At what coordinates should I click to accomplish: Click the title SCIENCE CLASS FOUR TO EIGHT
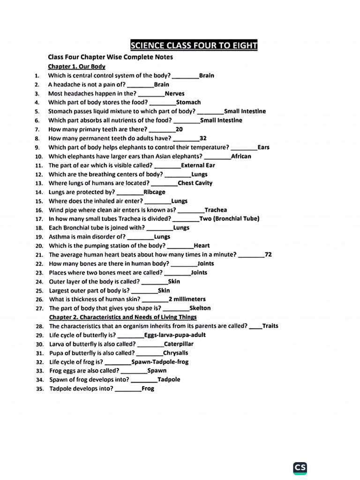point(194,45)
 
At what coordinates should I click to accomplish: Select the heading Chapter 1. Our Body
point(77,67)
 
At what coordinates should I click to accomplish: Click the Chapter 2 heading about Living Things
point(123,317)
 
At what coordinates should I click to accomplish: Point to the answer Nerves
point(174,93)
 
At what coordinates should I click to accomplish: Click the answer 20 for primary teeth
point(179,129)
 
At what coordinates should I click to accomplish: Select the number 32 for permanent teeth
point(203,138)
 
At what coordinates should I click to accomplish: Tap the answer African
point(241,156)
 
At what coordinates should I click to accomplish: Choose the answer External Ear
point(198,165)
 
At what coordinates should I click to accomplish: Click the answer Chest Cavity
point(195,183)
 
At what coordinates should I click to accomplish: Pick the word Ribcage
point(154,192)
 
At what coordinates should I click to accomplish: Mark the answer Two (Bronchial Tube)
point(229,218)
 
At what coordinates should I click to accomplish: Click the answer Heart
point(202,245)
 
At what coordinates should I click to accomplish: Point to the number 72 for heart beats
point(268,255)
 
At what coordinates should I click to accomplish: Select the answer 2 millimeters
point(187,299)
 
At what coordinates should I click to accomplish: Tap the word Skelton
point(200,308)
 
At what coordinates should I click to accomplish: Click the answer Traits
point(270,326)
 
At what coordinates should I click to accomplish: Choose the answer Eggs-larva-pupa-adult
point(175,335)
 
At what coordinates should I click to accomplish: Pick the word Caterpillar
point(179,344)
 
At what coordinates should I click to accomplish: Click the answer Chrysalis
point(176,352)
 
